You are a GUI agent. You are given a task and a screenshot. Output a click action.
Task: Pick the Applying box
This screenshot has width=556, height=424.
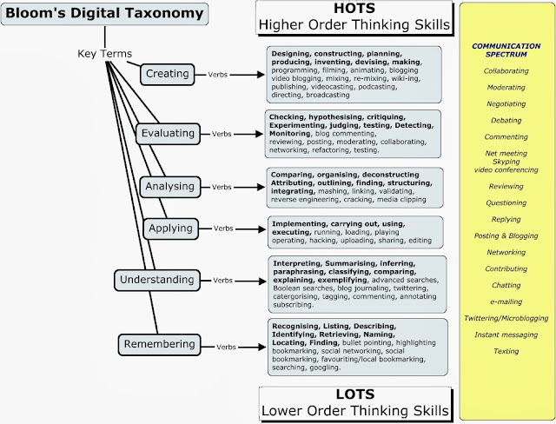click(x=171, y=229)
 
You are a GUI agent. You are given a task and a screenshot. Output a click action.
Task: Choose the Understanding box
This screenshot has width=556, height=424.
click(x=157, y=281)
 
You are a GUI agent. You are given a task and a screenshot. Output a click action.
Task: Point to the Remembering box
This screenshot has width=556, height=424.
click(x=161, y=345)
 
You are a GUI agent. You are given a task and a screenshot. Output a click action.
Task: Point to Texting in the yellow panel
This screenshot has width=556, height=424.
click(x=506, y=352)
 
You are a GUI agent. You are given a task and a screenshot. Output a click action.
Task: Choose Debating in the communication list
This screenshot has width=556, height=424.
click(x=506, y=120)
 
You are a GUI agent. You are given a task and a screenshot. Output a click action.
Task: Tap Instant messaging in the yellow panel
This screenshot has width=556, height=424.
click(x=506, y=335)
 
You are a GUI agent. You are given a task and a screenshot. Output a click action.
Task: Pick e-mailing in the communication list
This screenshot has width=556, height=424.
click(x=506, y=300)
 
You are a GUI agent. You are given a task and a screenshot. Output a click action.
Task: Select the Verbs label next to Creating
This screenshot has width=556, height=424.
click(x=215, y=74)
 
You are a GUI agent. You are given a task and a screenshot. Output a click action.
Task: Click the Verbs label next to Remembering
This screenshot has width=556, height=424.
click(x=228, y=346)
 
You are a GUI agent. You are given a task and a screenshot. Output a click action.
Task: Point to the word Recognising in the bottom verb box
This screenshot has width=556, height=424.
click(x=300, y=325)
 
